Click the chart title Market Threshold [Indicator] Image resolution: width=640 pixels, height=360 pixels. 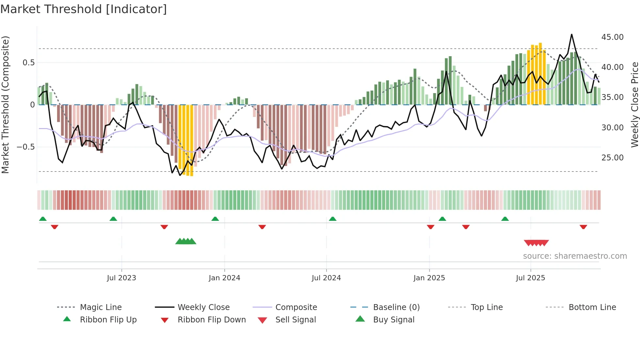(x=84, y=9)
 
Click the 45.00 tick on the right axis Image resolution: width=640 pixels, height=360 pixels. (x=612, y=37)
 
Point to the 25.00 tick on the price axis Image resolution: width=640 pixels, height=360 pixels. (x=612, y=158)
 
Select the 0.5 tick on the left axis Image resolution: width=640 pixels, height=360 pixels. (x=28, y=63)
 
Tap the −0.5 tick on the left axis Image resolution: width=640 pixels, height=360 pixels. (x=25, y=147)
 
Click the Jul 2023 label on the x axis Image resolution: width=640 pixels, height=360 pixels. (x=121, y=278)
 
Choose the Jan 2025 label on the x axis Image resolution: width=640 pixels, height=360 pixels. (x=429, y=278)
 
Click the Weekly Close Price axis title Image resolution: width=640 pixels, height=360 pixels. (x=634, y=105)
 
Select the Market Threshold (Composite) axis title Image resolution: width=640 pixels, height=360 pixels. (x=5, y=105)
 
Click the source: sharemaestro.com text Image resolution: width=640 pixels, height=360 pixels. (x=575, y=256)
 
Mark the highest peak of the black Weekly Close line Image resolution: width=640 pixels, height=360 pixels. (x=572, y=35)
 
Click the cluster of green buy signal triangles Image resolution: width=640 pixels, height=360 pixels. (x=185, y=241)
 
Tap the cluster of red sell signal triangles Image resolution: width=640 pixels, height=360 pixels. (x=536, y=243)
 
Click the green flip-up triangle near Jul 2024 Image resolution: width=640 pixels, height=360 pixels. (x=332, y=219)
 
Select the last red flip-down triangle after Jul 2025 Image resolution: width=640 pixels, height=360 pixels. (x=583, y=227)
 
